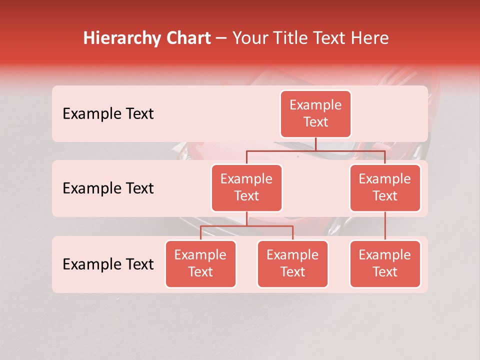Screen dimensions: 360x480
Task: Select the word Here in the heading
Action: tap(370, 38)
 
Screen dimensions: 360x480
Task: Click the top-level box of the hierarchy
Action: tap(315, 114)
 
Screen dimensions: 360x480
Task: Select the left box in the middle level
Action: tap(246, 187)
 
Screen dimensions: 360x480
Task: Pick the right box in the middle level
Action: tap(385, 187)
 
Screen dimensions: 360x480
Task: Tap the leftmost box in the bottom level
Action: tap(200, 263)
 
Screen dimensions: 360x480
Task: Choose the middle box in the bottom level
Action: tap(292, 263)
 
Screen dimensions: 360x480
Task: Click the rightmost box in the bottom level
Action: tap(385, 263)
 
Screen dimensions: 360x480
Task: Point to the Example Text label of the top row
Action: tap(108, 114)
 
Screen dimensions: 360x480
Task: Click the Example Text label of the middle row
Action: tap(108, 188)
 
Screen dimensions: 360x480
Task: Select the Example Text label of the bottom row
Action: tap(108, 264)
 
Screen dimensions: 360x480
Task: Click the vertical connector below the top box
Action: tap(315, 144)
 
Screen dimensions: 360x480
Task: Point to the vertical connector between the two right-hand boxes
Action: tap(385, 225)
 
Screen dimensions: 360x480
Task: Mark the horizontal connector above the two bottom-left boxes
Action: tap(246, 226)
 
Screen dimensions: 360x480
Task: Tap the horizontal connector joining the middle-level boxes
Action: tap(315, 150)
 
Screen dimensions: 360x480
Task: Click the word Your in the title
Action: tap(249, 38)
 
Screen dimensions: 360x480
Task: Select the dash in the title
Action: tap(221, 38)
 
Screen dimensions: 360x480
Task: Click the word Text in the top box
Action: tap(315, 122)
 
